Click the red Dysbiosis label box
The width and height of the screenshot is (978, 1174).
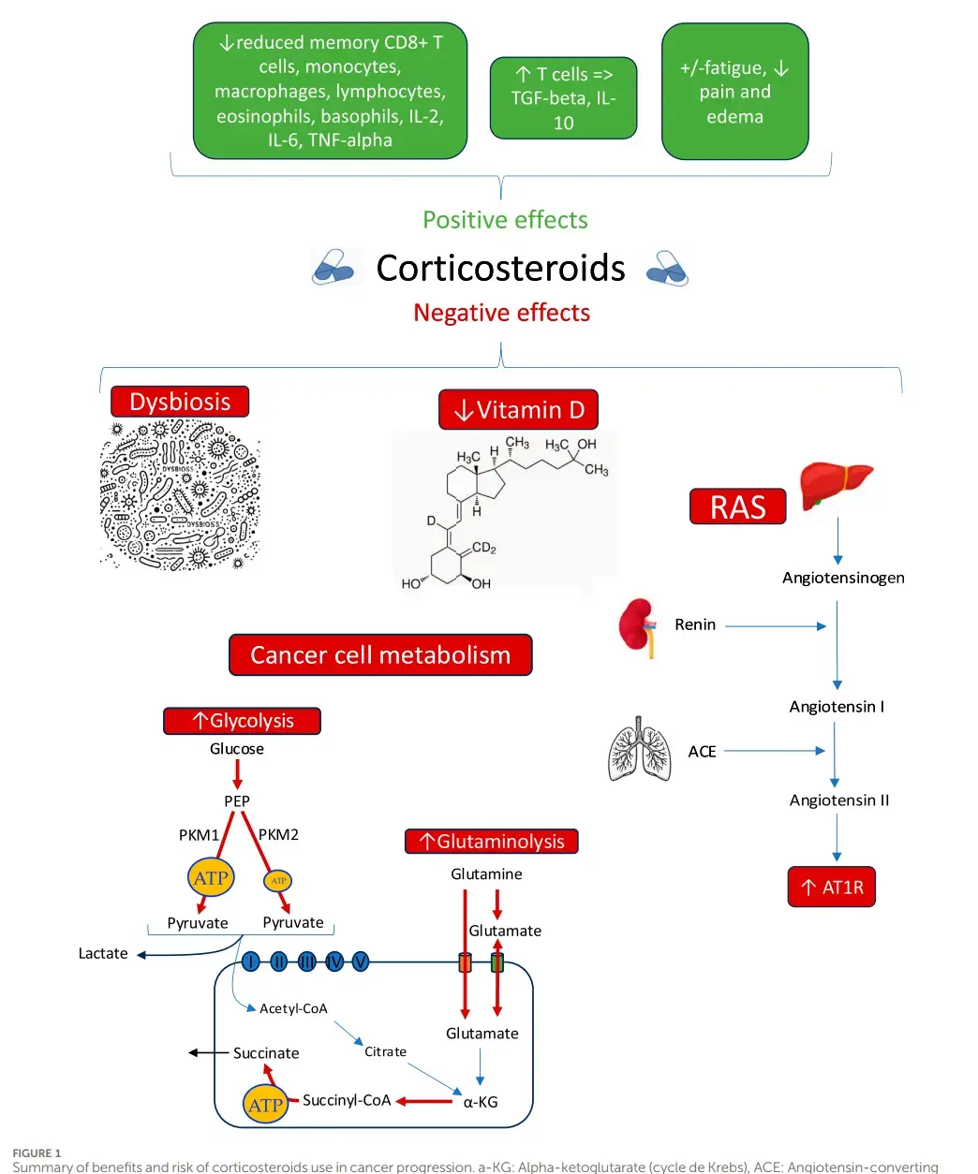[180, 402]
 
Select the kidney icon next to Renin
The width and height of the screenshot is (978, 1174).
[638, 626]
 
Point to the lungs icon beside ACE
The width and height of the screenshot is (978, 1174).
[640, 750]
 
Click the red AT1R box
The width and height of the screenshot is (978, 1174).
[832, 888]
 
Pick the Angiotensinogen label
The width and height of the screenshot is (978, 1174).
[843, 578]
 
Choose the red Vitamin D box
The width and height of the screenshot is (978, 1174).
[518, 410]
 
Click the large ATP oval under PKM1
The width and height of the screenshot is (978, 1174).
[211, 878]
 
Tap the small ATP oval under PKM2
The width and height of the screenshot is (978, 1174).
[278, 881]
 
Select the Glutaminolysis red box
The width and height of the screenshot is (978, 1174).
[491, 842]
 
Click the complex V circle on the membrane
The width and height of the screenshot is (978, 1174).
[361, 961]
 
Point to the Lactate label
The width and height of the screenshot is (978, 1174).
[103, 953]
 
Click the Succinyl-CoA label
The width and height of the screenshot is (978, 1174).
[347, 1100]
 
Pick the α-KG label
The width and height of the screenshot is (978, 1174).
[481, 1102]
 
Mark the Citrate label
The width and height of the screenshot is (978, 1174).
[385, 1051]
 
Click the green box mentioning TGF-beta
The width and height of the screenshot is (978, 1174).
[563, 98]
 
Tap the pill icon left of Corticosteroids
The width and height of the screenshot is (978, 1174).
[333, 268]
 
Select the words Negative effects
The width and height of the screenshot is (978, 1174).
[501, 313]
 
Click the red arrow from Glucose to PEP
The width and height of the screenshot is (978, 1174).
[237, 774]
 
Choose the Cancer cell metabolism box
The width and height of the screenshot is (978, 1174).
[380, 655]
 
